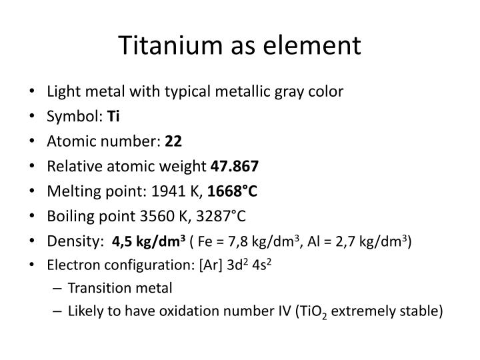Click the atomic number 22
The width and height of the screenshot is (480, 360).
point(173,141)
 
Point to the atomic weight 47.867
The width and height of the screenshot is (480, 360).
point(235,165)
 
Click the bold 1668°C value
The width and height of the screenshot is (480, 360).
point(232,191)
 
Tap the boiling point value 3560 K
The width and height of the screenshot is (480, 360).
point(165,215)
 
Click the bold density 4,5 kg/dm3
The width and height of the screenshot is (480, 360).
point(149,240)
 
